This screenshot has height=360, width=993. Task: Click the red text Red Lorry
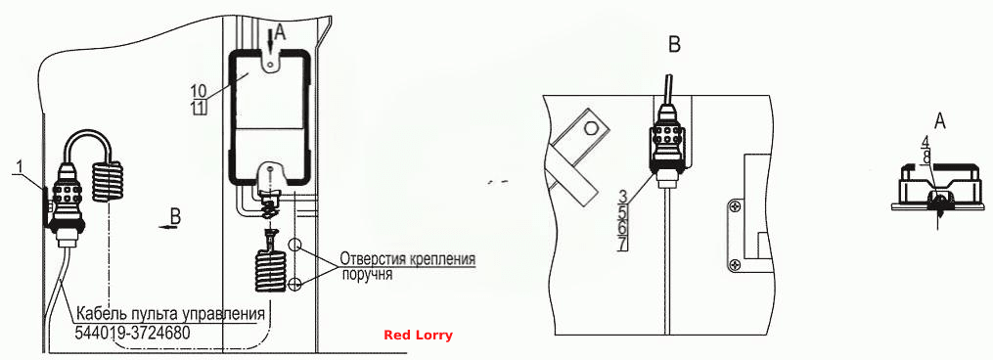pyautogui.click(x=418, y=336)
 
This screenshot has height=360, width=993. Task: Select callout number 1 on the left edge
pyautogui.click(x=20, y=166)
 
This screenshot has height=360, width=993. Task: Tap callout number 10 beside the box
pyautogui.click(x=199, y=90)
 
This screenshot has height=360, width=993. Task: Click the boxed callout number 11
pyautogui.click(x=199, y=107)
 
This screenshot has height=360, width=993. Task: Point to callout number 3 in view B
pyautogui.click(x=622, y=196)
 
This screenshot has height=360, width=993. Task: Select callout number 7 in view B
pyautogui.click(x=622, y=243)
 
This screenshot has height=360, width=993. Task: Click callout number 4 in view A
pyautogui.click(x=925, y=142)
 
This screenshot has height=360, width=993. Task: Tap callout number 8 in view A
pyautogui.click(x=925, y=156)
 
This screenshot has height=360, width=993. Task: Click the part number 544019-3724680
pyautogui.click(x=132, y=332)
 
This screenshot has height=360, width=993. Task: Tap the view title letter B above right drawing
pyautogui.click(x=675, y=45)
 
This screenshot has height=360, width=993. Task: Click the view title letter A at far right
pyautogui.click(x=940, y=120)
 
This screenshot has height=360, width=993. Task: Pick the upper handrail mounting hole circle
pyautogui.click(x=293, y=244)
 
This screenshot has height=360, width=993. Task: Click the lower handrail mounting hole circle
pyautogui.click(x=293, y=285)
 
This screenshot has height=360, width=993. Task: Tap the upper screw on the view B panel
pyautogui.click(x=734, y=205)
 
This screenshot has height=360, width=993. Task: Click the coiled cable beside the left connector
pyautogui.click(x=108, y=182)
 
